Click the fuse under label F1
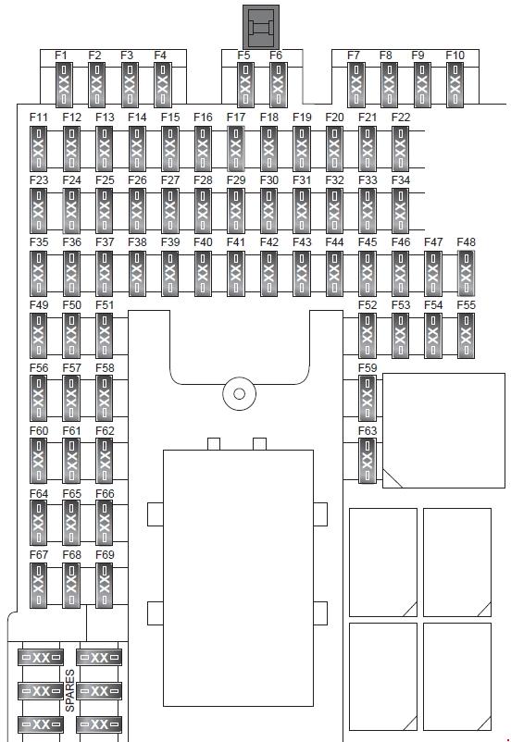(x=64, y=86)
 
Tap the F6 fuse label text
(x=276, y=56)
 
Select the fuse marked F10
(x=455, y=86)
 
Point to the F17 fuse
(x=236, y=149)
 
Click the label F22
(x=401, y=117)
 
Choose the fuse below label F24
(x=71, y=211)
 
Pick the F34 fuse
(x=400, y=211)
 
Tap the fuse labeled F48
(x=466, y=274)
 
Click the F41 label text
(x=236, y=242)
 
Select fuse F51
(x=105, y=336)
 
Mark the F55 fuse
(x=466, y=336)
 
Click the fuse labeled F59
(x=368, y=398)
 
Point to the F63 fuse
(x=368, y=461)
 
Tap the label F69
(x=105, y=554)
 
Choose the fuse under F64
(x=38, y=523)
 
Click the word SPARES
(x=69, y=690)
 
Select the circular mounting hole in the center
(x=239, y=393)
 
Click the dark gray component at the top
(x=261, y=27)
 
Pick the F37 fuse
(x=105, y=274)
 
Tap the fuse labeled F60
(x=38, y=461)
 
